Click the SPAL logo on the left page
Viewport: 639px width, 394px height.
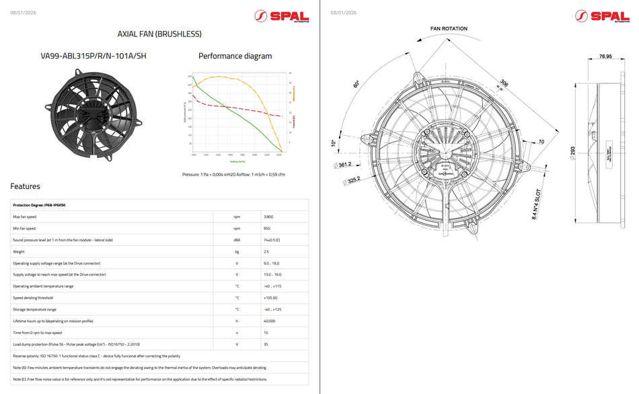coord(282,16)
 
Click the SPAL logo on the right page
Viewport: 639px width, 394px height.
coord(602,16)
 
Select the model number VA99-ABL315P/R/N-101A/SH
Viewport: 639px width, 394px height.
coord(93,56)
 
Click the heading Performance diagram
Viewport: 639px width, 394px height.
coord(235,56)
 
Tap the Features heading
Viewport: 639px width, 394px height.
coord(25,186)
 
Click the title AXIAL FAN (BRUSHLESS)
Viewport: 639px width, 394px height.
coord(159,34)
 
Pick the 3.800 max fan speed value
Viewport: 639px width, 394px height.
coord(268,216)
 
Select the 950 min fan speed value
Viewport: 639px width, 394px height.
coord(268,229)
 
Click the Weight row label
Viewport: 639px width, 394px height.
coord(19,251)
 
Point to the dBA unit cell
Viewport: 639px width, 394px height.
coord(237,240)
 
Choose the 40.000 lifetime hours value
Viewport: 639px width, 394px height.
coord(270,321)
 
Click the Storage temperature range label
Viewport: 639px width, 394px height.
coord(35,309)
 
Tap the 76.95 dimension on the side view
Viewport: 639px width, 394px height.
coord(605,56)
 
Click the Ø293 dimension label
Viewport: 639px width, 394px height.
coord(572,152)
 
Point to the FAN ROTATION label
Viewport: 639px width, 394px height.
coord(449,29)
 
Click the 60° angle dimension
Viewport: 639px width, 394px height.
coord(356,85)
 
